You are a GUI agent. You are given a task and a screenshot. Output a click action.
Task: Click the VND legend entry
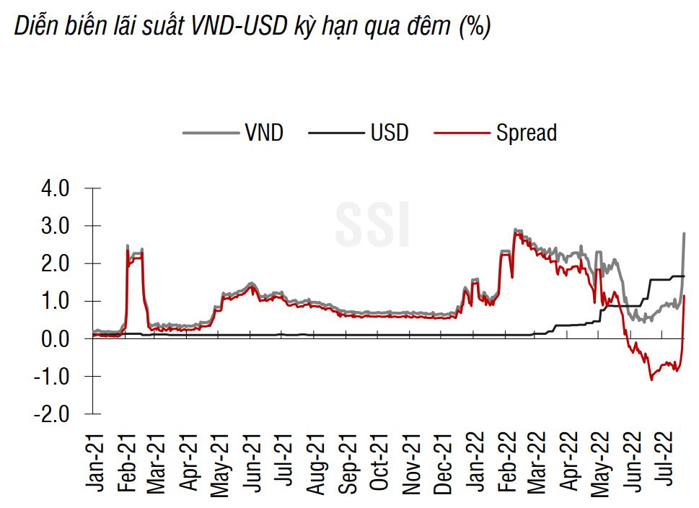tap(263, 133)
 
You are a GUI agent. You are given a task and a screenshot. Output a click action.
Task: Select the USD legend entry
tap(390, 133)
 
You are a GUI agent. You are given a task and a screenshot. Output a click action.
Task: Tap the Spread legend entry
tap(526, 133)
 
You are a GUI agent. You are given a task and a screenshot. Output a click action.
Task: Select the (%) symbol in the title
tap(474, 27)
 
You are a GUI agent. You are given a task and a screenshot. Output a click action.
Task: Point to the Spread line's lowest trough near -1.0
tap(651, 379)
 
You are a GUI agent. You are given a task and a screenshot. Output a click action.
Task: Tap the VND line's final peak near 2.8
tap(683, 234)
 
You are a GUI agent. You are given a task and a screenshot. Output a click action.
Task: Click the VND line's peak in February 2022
tap(515, 230)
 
